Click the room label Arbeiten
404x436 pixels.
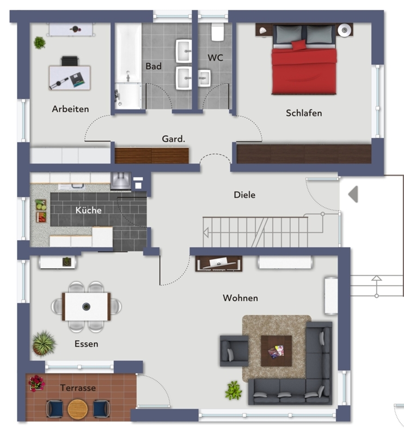coord(70,108)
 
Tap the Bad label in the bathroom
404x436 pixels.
coord(154,66)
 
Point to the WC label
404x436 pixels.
coord(215,58)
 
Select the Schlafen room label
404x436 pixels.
coord(304,113)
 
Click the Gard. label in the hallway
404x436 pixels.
coord(173,138)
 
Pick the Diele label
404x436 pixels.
coord(244,195)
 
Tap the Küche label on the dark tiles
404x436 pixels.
coord(88,210)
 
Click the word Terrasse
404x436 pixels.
coord(78,387)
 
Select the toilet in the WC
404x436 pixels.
coord(217,32)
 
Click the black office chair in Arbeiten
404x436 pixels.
coord(70,61)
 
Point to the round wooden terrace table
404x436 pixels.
coord(78,409)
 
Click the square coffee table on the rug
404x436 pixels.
coord(276,351)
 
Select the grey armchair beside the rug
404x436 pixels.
coord(234,350)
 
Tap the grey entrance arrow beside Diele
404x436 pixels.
coord(353,194)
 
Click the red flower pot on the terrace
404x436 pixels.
coord(36,383)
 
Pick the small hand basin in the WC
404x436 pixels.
coord(204,78)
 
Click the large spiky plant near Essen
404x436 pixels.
coord(44,343)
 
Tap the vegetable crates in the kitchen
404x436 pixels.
coord(41,211)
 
